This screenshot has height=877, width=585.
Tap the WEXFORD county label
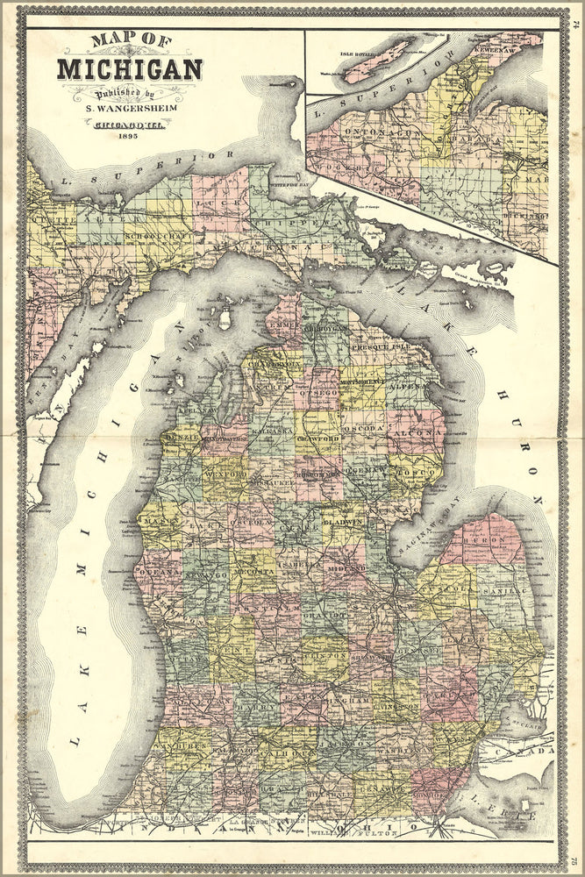[x=226, y=474]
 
